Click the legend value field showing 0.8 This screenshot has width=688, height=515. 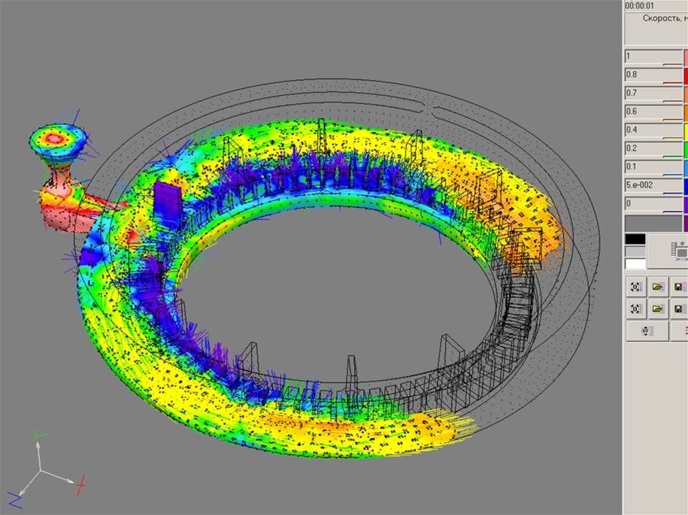pos(654,75)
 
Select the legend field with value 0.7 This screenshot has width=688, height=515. pos(654,93)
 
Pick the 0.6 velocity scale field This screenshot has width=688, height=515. pos(654,112)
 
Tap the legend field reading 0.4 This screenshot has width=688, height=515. pos(654,130)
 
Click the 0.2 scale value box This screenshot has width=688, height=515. pos(654,148)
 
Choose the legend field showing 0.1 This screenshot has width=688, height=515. pos(654,167)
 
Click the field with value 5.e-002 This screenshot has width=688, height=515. pos(654,185)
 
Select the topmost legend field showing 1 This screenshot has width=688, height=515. pos(654,56)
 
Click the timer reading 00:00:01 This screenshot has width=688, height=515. pos(640,5)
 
